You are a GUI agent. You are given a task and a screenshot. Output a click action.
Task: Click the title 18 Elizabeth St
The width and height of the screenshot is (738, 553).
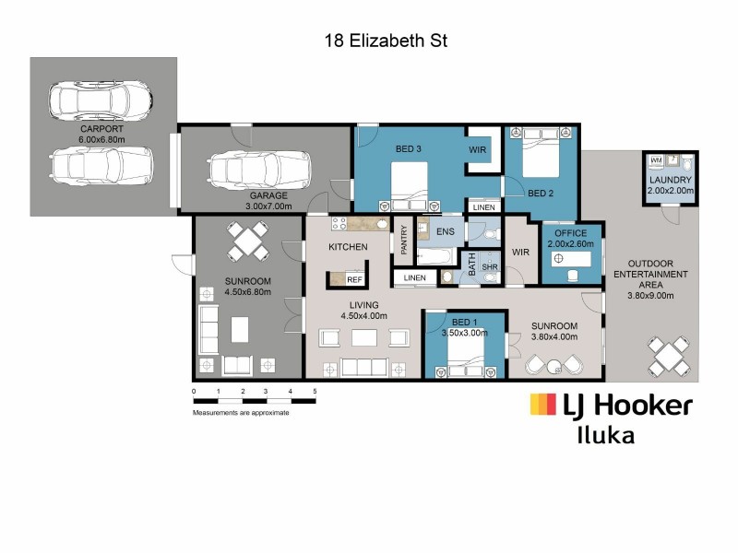pyautogui.click(x=386, y=41)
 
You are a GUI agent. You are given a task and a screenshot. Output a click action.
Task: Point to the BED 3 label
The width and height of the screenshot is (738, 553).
pyautogui.click(x=409, y=149)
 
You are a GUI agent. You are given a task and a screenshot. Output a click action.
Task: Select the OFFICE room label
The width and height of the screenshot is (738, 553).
pyautogui.click(x=571, y=235)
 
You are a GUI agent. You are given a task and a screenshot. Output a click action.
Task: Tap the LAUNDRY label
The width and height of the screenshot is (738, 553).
pyautogui.click(x=670, y=180)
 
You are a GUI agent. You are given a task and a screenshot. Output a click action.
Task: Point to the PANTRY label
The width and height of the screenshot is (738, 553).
pyautogui.click(x=404, y=241)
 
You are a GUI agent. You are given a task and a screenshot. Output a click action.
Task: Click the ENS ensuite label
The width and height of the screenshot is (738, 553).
pyautogui.click(x=445, y=231)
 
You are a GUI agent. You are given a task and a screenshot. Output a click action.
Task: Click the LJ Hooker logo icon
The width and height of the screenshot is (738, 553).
pyautogui.click(x=542, y=405)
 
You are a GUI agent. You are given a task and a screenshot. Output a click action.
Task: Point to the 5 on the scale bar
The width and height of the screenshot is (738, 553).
pyautogui.click(x=315, y=391)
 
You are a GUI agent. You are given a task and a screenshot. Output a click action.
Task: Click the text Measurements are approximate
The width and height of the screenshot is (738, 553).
pyautogui.click(x=241, y=412)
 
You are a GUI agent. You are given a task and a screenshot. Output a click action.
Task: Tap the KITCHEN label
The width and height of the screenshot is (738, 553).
pyautogui.click(x=349, y=247)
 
